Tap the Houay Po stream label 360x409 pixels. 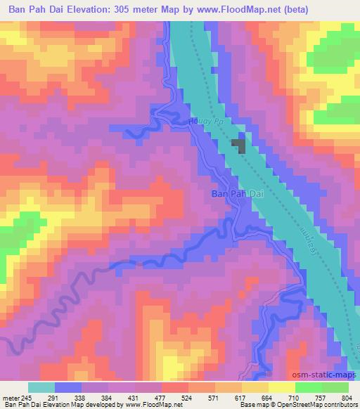205,122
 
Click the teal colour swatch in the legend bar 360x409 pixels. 41,387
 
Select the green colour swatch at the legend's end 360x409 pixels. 335,387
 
